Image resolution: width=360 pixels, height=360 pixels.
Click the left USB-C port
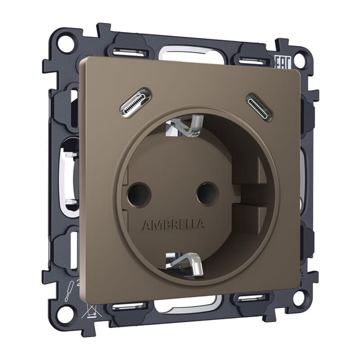click(135, 101)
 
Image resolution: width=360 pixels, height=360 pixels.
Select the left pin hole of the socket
click(139, 194)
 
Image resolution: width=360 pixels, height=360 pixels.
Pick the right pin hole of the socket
click(207, 194)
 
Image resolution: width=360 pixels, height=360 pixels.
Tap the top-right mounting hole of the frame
click(300, 59)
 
